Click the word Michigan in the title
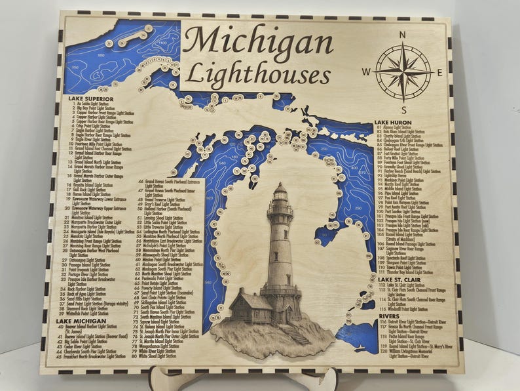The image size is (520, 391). tap(257, 43)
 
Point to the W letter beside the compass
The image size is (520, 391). tap(367, 72)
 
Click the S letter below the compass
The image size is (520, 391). tap(405, 110)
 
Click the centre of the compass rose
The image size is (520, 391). tap(403, 72)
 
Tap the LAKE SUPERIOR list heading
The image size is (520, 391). tap(91, 98)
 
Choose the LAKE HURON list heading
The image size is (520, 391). tap(393, 122)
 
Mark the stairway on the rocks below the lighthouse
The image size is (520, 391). tap(296, 333)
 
